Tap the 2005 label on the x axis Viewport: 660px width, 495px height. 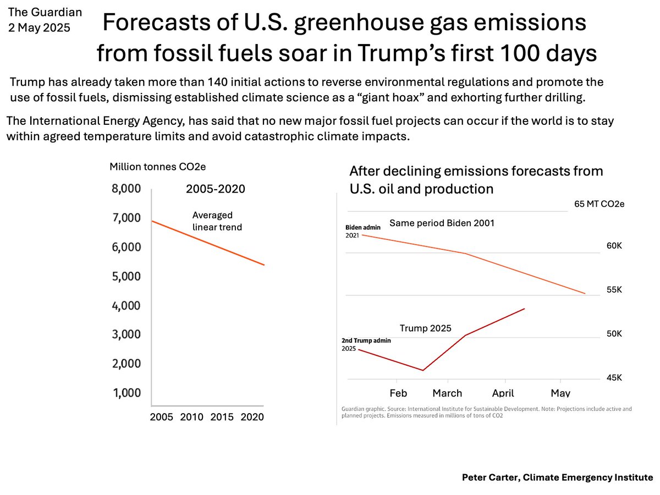coord(162,417)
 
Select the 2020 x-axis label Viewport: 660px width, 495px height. coord(252,417)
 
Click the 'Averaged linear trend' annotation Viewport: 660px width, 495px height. coord(217,221)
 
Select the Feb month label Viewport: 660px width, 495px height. coord(398,393)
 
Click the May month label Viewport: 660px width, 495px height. coord(560,393)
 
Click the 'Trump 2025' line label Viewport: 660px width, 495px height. coord(425,328)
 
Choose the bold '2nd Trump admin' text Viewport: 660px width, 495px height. coord(366,340)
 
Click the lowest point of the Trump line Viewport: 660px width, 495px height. coord(422,370)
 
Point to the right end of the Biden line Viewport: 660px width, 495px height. coord(585,294)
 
